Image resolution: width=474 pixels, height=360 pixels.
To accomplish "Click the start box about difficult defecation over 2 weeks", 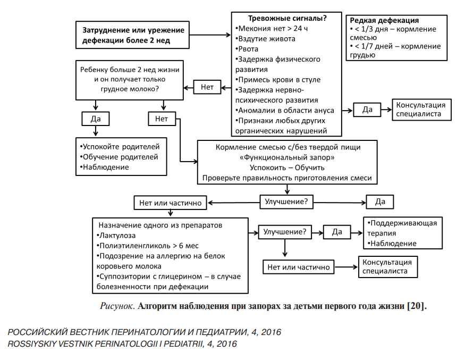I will pos(133,35).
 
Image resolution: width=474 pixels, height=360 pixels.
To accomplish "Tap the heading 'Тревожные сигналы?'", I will pos(287,18).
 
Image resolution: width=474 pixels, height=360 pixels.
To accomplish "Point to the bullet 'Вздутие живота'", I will pos(265,38).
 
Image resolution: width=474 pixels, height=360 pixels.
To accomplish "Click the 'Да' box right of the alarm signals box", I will pos(367,110).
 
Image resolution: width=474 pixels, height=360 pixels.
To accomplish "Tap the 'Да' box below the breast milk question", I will pos(96,118).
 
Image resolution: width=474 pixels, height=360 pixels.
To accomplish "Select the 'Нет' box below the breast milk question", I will pos(162,119).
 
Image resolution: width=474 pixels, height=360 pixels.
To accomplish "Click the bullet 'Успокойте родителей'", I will pos(120,146).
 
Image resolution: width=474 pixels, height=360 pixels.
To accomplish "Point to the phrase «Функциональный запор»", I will pos(287,157).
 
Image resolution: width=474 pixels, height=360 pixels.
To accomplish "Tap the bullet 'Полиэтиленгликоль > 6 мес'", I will pos(147,245).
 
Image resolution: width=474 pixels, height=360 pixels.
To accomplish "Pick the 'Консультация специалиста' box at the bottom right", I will pos(386,266).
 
